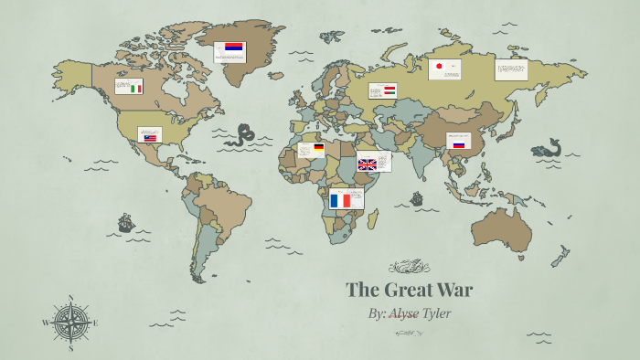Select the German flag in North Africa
click(x=318, y=147)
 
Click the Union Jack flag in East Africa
click(x=367, y=164)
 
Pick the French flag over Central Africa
click(x=340, y=200)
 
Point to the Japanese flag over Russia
click(x=438, y=67)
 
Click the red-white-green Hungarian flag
click(x=389, y=90)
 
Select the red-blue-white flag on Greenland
click(x=234, y=48)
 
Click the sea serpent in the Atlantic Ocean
click(x=242, y=136)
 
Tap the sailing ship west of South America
click(x=125, y=222)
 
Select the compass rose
click(x=70, y=323)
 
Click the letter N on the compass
click(x=70, y=298)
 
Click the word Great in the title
click(x=411, y=291)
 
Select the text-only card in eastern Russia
click(x=511, y=69)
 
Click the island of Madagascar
click(x=372, y=221)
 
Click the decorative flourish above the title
click(x=409, y=268)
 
